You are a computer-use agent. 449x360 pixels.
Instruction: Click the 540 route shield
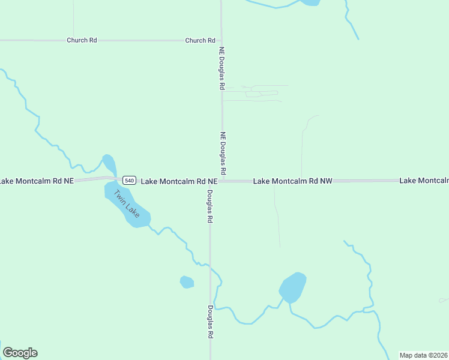(x=129, y=180)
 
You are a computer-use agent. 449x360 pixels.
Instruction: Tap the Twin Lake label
(x=127, y=205)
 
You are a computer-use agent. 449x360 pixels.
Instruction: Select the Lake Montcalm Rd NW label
(x=292, y=181)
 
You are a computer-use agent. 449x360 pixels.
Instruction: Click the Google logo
(x=20, y=353)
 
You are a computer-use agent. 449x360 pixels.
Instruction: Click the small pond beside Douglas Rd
(x=187, y=282)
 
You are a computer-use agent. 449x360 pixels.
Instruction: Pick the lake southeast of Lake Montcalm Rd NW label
(x=294, y=287)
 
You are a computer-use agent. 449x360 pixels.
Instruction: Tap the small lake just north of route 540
(x=109, y=164)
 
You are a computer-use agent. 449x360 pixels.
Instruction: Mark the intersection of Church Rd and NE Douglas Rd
(x=221, y=41)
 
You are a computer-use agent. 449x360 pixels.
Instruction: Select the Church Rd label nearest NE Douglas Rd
(x=200, y=41)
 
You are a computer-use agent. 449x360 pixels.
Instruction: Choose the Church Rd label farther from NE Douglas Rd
(x=82, y=41)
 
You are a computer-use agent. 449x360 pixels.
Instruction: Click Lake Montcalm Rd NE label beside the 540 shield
(x=178, y=181)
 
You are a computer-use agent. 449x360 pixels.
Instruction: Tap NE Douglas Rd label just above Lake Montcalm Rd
(x=222, y=154)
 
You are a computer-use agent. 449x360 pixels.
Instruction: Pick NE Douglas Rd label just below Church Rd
(x=221, y=68)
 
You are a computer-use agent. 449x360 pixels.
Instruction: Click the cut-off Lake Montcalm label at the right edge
(x=424, y=181)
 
